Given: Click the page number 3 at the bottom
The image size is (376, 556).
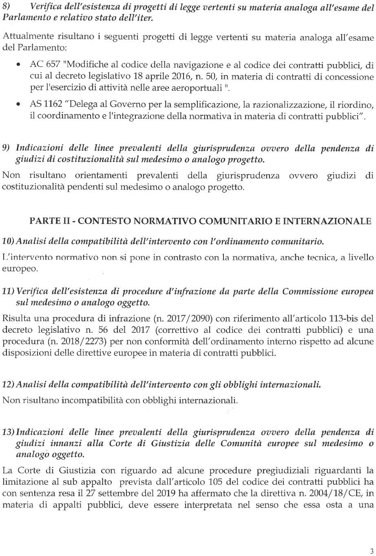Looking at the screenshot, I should (x=371, y=551).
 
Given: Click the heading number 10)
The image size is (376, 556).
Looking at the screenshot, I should (x=9, y=242).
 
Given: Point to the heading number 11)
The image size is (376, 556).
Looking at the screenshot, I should (x=9, y=292).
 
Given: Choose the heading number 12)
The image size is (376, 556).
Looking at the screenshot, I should (x=9, y=385).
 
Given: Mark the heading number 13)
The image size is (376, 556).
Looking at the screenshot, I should (x=9, y=432).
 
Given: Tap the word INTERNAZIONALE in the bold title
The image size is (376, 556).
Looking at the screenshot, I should (x=327, y=222).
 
